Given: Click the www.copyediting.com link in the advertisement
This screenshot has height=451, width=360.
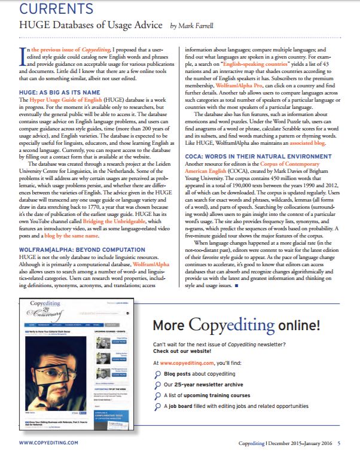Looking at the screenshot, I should (x=188, y=364).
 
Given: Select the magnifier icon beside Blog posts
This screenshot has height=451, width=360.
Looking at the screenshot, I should (x=157, y=374).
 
